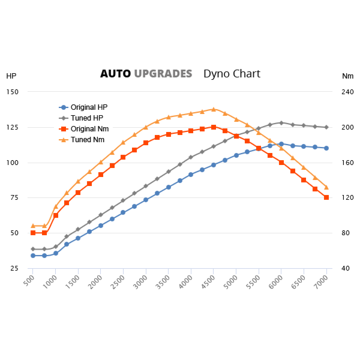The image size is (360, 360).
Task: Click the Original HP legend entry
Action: (89, 107)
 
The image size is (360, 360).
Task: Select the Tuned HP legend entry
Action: (86, 118)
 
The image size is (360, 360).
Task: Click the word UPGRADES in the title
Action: (163, 74)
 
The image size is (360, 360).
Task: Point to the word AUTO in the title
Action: (115, 74)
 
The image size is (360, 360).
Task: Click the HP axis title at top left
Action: (11, 76)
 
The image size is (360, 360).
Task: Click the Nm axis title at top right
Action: (347, 76)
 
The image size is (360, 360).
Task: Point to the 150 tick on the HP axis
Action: (13, 92)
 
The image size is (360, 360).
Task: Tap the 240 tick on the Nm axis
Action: (348, 92)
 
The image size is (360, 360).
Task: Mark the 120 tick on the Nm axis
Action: (348, 198)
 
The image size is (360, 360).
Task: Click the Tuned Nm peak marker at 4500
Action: (214, 109)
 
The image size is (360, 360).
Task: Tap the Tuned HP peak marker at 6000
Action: (281, 122)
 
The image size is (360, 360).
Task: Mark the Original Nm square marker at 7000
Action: (326, 197)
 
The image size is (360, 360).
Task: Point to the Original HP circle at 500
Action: (33, 256)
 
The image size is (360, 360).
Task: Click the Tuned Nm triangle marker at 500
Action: (33, 226)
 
